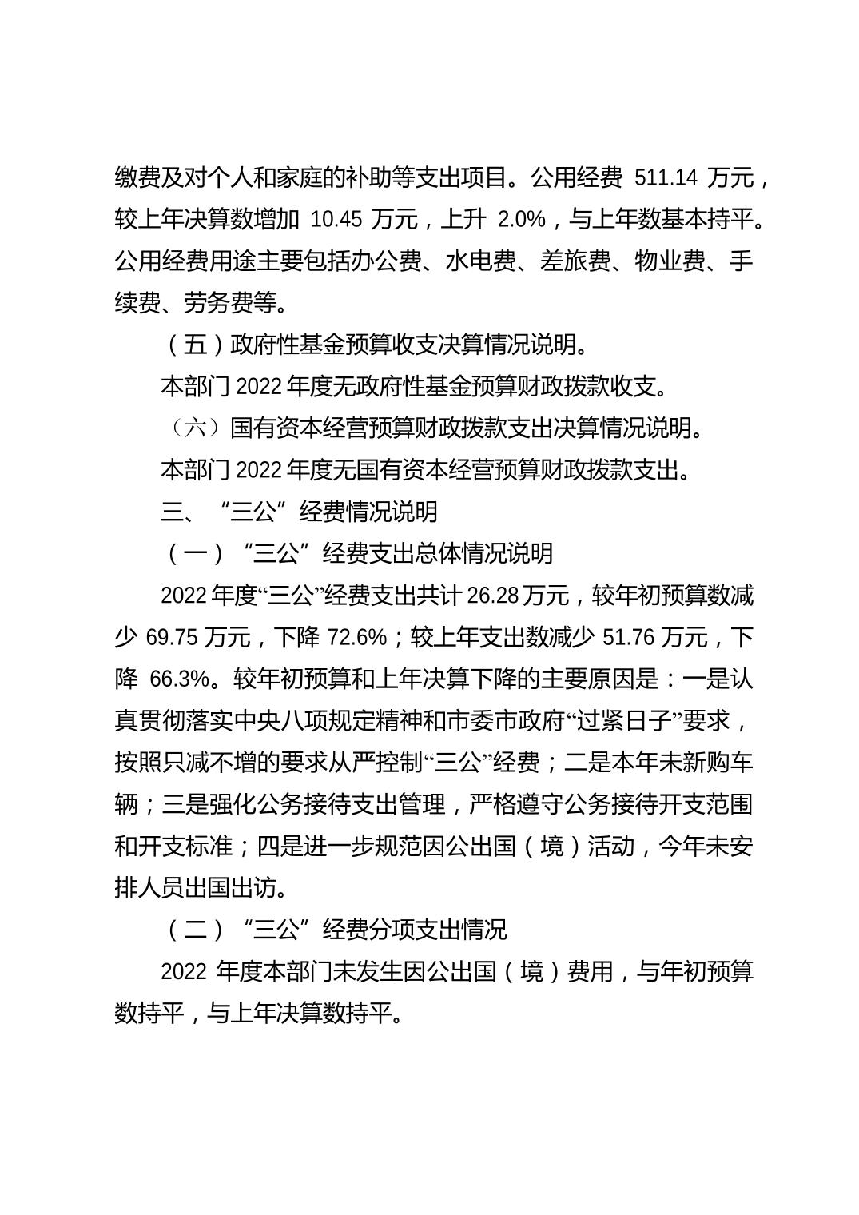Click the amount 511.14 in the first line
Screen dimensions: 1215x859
pyautogui.click(x=660, y=177)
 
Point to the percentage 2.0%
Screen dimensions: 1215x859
pyautogui.click(x=521, y=219)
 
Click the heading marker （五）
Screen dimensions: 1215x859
pyautogui.click(x=194, y=345)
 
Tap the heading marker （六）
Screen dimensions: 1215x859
pyautogui.click(x=194, y=428)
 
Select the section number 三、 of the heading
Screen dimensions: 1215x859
pyautogui.click(x=178, y=512)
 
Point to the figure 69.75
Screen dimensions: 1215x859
pyautogui.click(x=172, y=637)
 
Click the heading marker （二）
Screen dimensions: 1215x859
pyautogui.click(x=194, y=930)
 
